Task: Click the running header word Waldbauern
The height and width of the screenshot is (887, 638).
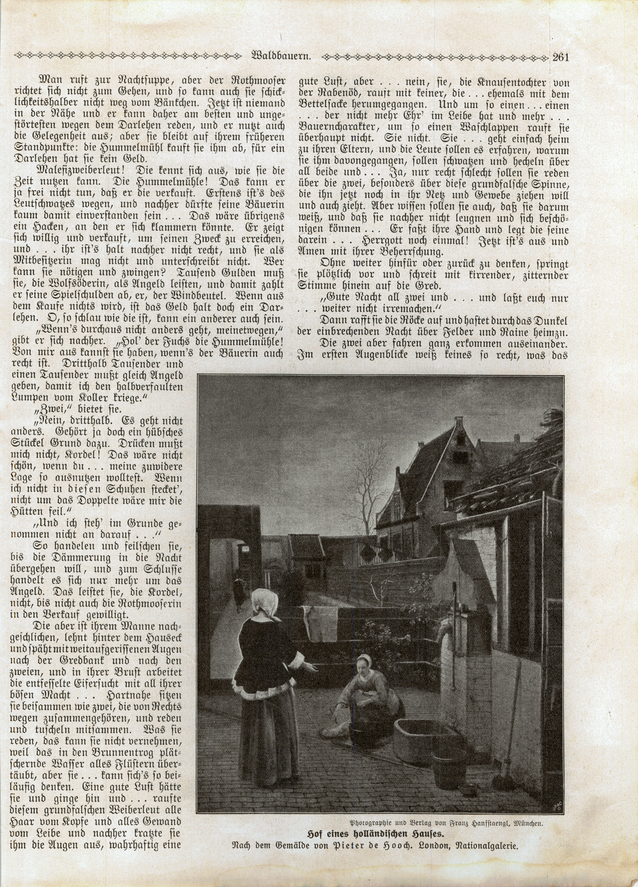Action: tap(281, 57)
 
